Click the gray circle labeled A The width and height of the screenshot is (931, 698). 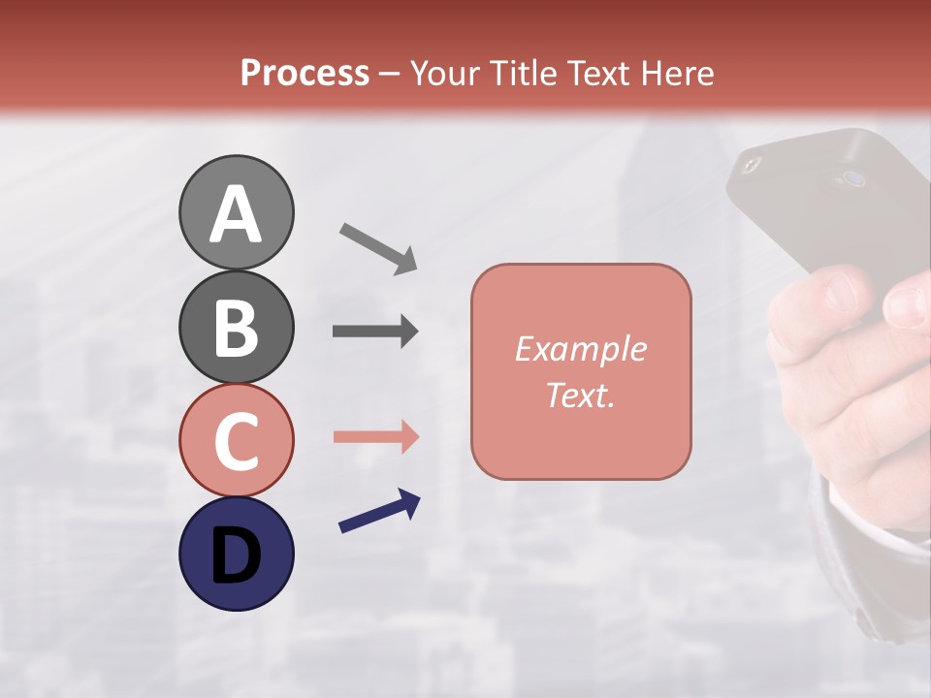point(236,212)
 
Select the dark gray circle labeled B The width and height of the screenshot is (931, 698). point(236,327)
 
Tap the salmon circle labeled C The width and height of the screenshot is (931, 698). point(236,441)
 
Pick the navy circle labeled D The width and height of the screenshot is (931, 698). point(236,554)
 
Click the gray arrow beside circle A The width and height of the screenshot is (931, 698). point(378,246)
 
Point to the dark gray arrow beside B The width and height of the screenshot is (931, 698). point(375,332)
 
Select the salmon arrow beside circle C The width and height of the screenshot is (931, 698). point(375,437)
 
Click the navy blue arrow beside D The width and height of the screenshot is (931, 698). point(379,511)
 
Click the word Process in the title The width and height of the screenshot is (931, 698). point(305,74)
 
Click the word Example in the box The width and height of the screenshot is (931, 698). point(580,349)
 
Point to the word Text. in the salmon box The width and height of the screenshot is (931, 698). point(580,395)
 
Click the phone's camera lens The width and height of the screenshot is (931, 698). point(852,178)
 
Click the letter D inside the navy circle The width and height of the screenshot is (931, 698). point(236,555)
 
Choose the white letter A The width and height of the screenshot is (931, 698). point(236,214)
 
